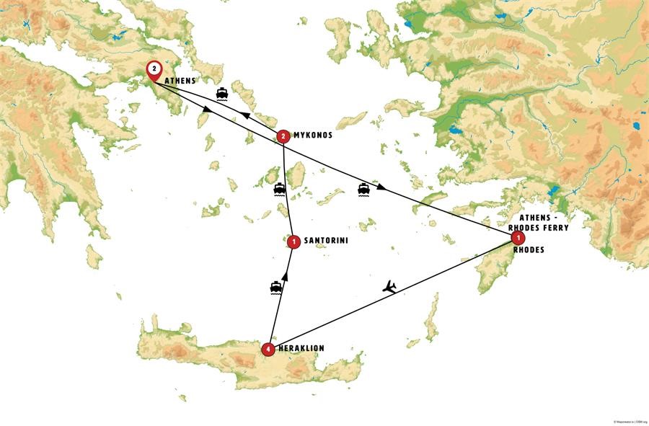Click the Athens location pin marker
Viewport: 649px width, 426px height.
[x=154, y=71]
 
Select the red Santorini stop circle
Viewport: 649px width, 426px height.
[x=293, y=241]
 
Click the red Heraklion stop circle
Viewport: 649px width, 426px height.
[x=269, y=350]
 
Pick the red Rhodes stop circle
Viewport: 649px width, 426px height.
[x=516, y=237]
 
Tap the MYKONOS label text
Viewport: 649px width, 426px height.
[x=313, y=135]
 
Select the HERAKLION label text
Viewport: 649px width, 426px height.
[x=301, y=348]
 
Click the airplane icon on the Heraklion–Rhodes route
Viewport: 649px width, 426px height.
[x=389, y=287]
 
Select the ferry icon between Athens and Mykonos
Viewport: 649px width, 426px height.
[x=224, y=94]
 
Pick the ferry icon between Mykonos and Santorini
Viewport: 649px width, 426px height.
[x=280, y=190]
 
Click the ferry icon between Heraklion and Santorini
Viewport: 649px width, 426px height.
[x=275, y=288]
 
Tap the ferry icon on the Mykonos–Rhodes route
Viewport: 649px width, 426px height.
[x=364, y=190]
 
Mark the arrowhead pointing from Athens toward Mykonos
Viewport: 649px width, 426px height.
[x=208, y=110]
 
